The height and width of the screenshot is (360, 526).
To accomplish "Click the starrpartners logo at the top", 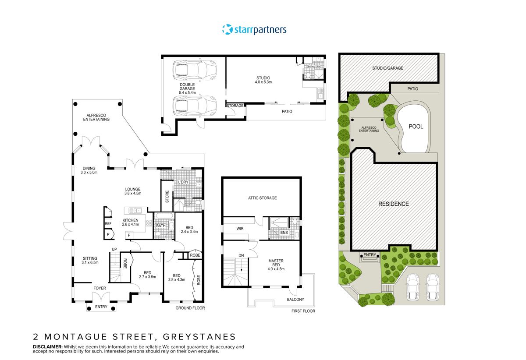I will click(x=254, y=29).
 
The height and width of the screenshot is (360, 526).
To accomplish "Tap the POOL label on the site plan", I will click(x=416, y=127).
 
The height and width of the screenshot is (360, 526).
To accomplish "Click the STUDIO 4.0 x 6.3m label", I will click(x=264, y=80).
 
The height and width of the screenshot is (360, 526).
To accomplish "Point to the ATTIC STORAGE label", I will click(x=263, y=198).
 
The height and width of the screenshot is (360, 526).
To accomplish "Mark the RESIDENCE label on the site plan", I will click(x=394, y=204).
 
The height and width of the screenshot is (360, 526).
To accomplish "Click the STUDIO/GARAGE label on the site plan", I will click(x=387, y=68).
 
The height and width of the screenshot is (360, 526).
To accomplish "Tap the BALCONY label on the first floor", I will click(x=296, y=300).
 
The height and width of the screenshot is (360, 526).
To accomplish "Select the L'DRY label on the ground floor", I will click(x=183, y=182).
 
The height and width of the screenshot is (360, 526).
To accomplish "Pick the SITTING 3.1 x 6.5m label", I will click(x=89, y=261).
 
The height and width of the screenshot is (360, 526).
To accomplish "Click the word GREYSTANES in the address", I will click(x=199, y=337).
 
